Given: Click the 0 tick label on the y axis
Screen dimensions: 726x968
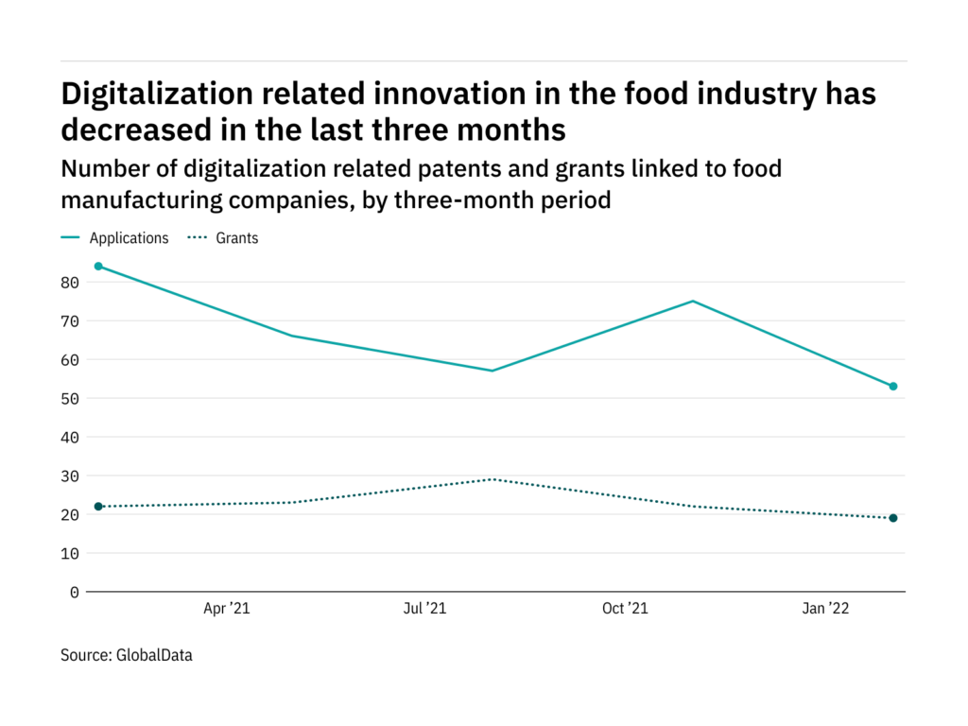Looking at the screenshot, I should click(x=75, y=592).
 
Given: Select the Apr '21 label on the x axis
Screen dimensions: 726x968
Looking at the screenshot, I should click(x=227, y=610).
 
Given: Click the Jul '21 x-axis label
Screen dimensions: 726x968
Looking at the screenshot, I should click(x=424, y=610).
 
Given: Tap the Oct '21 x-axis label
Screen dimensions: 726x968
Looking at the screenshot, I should click(x=625, y=610).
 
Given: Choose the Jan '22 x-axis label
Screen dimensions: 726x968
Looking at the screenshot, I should click(x=825, y=610).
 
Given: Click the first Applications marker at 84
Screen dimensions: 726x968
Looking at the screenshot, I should click(x=98, y=267).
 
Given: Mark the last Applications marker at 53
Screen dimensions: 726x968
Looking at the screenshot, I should click(x=892, y=387).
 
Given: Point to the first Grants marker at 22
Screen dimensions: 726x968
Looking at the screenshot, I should click(x=98, y=507).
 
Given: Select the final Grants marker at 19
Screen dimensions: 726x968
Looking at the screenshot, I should click(x=892, y=518).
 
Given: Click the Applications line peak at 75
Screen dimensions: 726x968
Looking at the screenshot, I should click(x=694, y=302).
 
